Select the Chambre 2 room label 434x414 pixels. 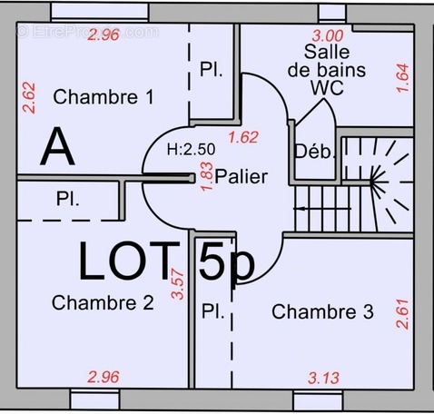pos(102,302)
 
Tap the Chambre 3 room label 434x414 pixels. pos(322,312)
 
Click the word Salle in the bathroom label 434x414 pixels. pos(327,53)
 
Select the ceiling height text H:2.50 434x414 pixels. pos(191,149)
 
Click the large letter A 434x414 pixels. pos(57,147)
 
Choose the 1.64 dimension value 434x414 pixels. pos(403,78)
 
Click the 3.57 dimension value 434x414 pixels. pos(178,283)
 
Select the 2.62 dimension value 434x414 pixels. pos(28,98)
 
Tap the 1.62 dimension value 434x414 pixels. pos(243,138)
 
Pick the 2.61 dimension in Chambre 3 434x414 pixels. pos(403,314)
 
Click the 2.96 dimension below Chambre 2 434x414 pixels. pos(103,376)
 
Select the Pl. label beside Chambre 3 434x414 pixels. pos(213,312)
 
